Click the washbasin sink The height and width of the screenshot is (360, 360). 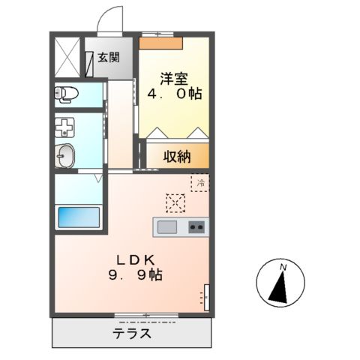(x=65, y=156)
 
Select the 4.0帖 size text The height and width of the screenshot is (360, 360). (x=174, y=95)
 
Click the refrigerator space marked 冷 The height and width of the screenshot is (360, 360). (x=200, y=181)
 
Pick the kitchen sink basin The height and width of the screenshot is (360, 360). (x=166, y=226)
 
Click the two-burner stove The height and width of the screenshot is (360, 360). (x=196, y=226)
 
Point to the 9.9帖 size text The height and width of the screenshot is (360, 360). (x=136, y=274)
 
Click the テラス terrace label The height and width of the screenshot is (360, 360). (x=133, y=334)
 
